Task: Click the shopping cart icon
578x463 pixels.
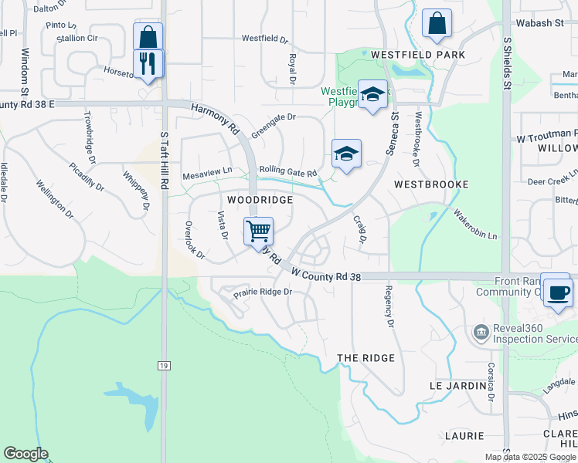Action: [x=258, y=230]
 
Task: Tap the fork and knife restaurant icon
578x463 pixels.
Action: [x=148, y=62]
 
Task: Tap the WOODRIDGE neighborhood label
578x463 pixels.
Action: [x=260, y=200]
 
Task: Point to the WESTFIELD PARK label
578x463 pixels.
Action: [x=418, y=55]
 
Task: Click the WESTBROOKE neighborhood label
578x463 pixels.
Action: [x=431, y=185]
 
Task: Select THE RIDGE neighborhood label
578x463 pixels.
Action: [x=366, y=358]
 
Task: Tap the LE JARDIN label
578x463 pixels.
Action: [x=456, y=384]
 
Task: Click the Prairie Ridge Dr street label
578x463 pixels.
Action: [x=263, y=292]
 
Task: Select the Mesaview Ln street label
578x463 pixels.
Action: [x=207, y=174]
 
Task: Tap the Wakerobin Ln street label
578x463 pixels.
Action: [x=475, y=224]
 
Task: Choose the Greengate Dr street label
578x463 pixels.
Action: [x=274, y=122]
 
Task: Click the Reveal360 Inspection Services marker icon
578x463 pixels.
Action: [x=481, y=333]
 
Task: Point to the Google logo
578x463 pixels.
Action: [x=25, y=454]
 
